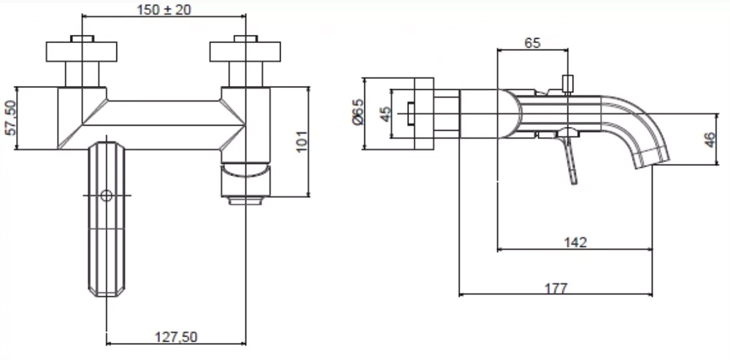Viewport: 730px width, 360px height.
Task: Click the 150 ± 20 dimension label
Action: point(164,9)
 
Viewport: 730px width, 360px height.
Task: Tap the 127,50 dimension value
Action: point(175,337)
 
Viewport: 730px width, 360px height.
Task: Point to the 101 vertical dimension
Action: point(301,141)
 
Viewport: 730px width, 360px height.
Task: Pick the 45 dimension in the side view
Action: point(385,114)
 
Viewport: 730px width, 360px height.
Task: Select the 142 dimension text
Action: point(575,242)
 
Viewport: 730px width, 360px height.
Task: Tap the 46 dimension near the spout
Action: point(710,139)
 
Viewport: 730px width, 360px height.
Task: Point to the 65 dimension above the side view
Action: point(533,43)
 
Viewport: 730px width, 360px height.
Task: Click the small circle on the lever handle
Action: point(107,196)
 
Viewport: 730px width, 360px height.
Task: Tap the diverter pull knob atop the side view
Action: point(567,84)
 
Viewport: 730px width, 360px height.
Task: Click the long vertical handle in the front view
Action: point(107,219)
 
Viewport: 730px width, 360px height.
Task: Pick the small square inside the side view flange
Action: point(410,114)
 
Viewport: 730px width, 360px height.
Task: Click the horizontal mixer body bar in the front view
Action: point(164,125)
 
